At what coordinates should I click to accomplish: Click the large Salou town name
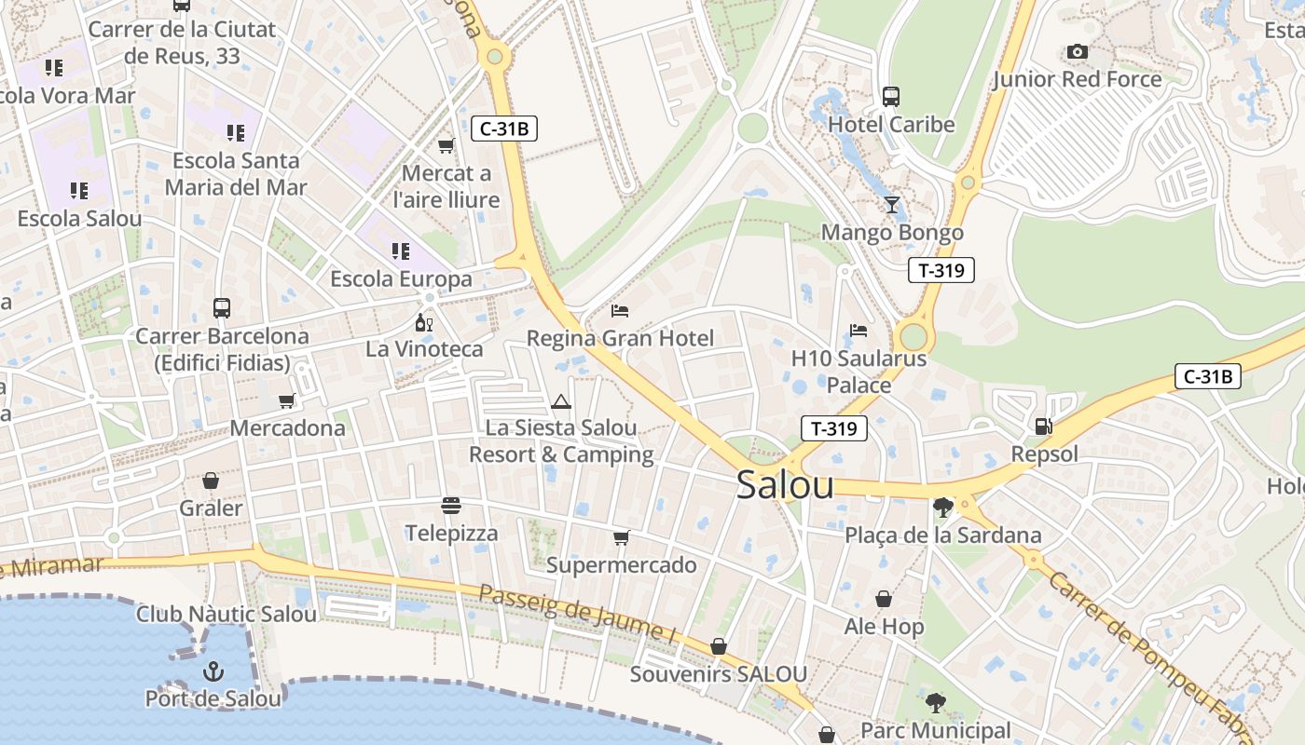(x=785, y=485)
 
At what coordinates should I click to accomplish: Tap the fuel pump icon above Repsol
(x=1043, y=427)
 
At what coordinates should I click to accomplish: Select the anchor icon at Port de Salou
(x=213, y=670)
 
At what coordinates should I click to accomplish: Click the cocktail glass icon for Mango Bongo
(x=892, y=205)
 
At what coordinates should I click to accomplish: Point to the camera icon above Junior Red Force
(x=1078, y=52)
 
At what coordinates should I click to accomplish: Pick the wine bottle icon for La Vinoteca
(x=424, y=323)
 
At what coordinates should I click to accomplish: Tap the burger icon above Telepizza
(x=451, y=506)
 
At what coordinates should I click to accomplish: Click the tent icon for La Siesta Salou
(x=560, y=402)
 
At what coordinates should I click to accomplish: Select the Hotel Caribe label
(x=891, y=124)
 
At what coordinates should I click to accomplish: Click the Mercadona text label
(x=287, y=428)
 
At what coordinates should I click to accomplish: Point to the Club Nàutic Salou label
(x=227, y=614)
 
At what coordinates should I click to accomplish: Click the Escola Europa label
(x=401, y=279)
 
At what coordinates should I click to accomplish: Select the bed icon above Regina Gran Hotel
(x=620, y=310)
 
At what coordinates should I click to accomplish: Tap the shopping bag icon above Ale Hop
(x=883, y=599)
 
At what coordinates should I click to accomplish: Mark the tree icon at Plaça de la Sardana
(x=942, y=508)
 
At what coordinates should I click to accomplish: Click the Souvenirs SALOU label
(x=718, y=674)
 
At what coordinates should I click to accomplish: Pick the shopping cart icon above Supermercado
(x=621, y=537)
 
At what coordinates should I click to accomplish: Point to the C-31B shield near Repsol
(x=1207, y=376)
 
